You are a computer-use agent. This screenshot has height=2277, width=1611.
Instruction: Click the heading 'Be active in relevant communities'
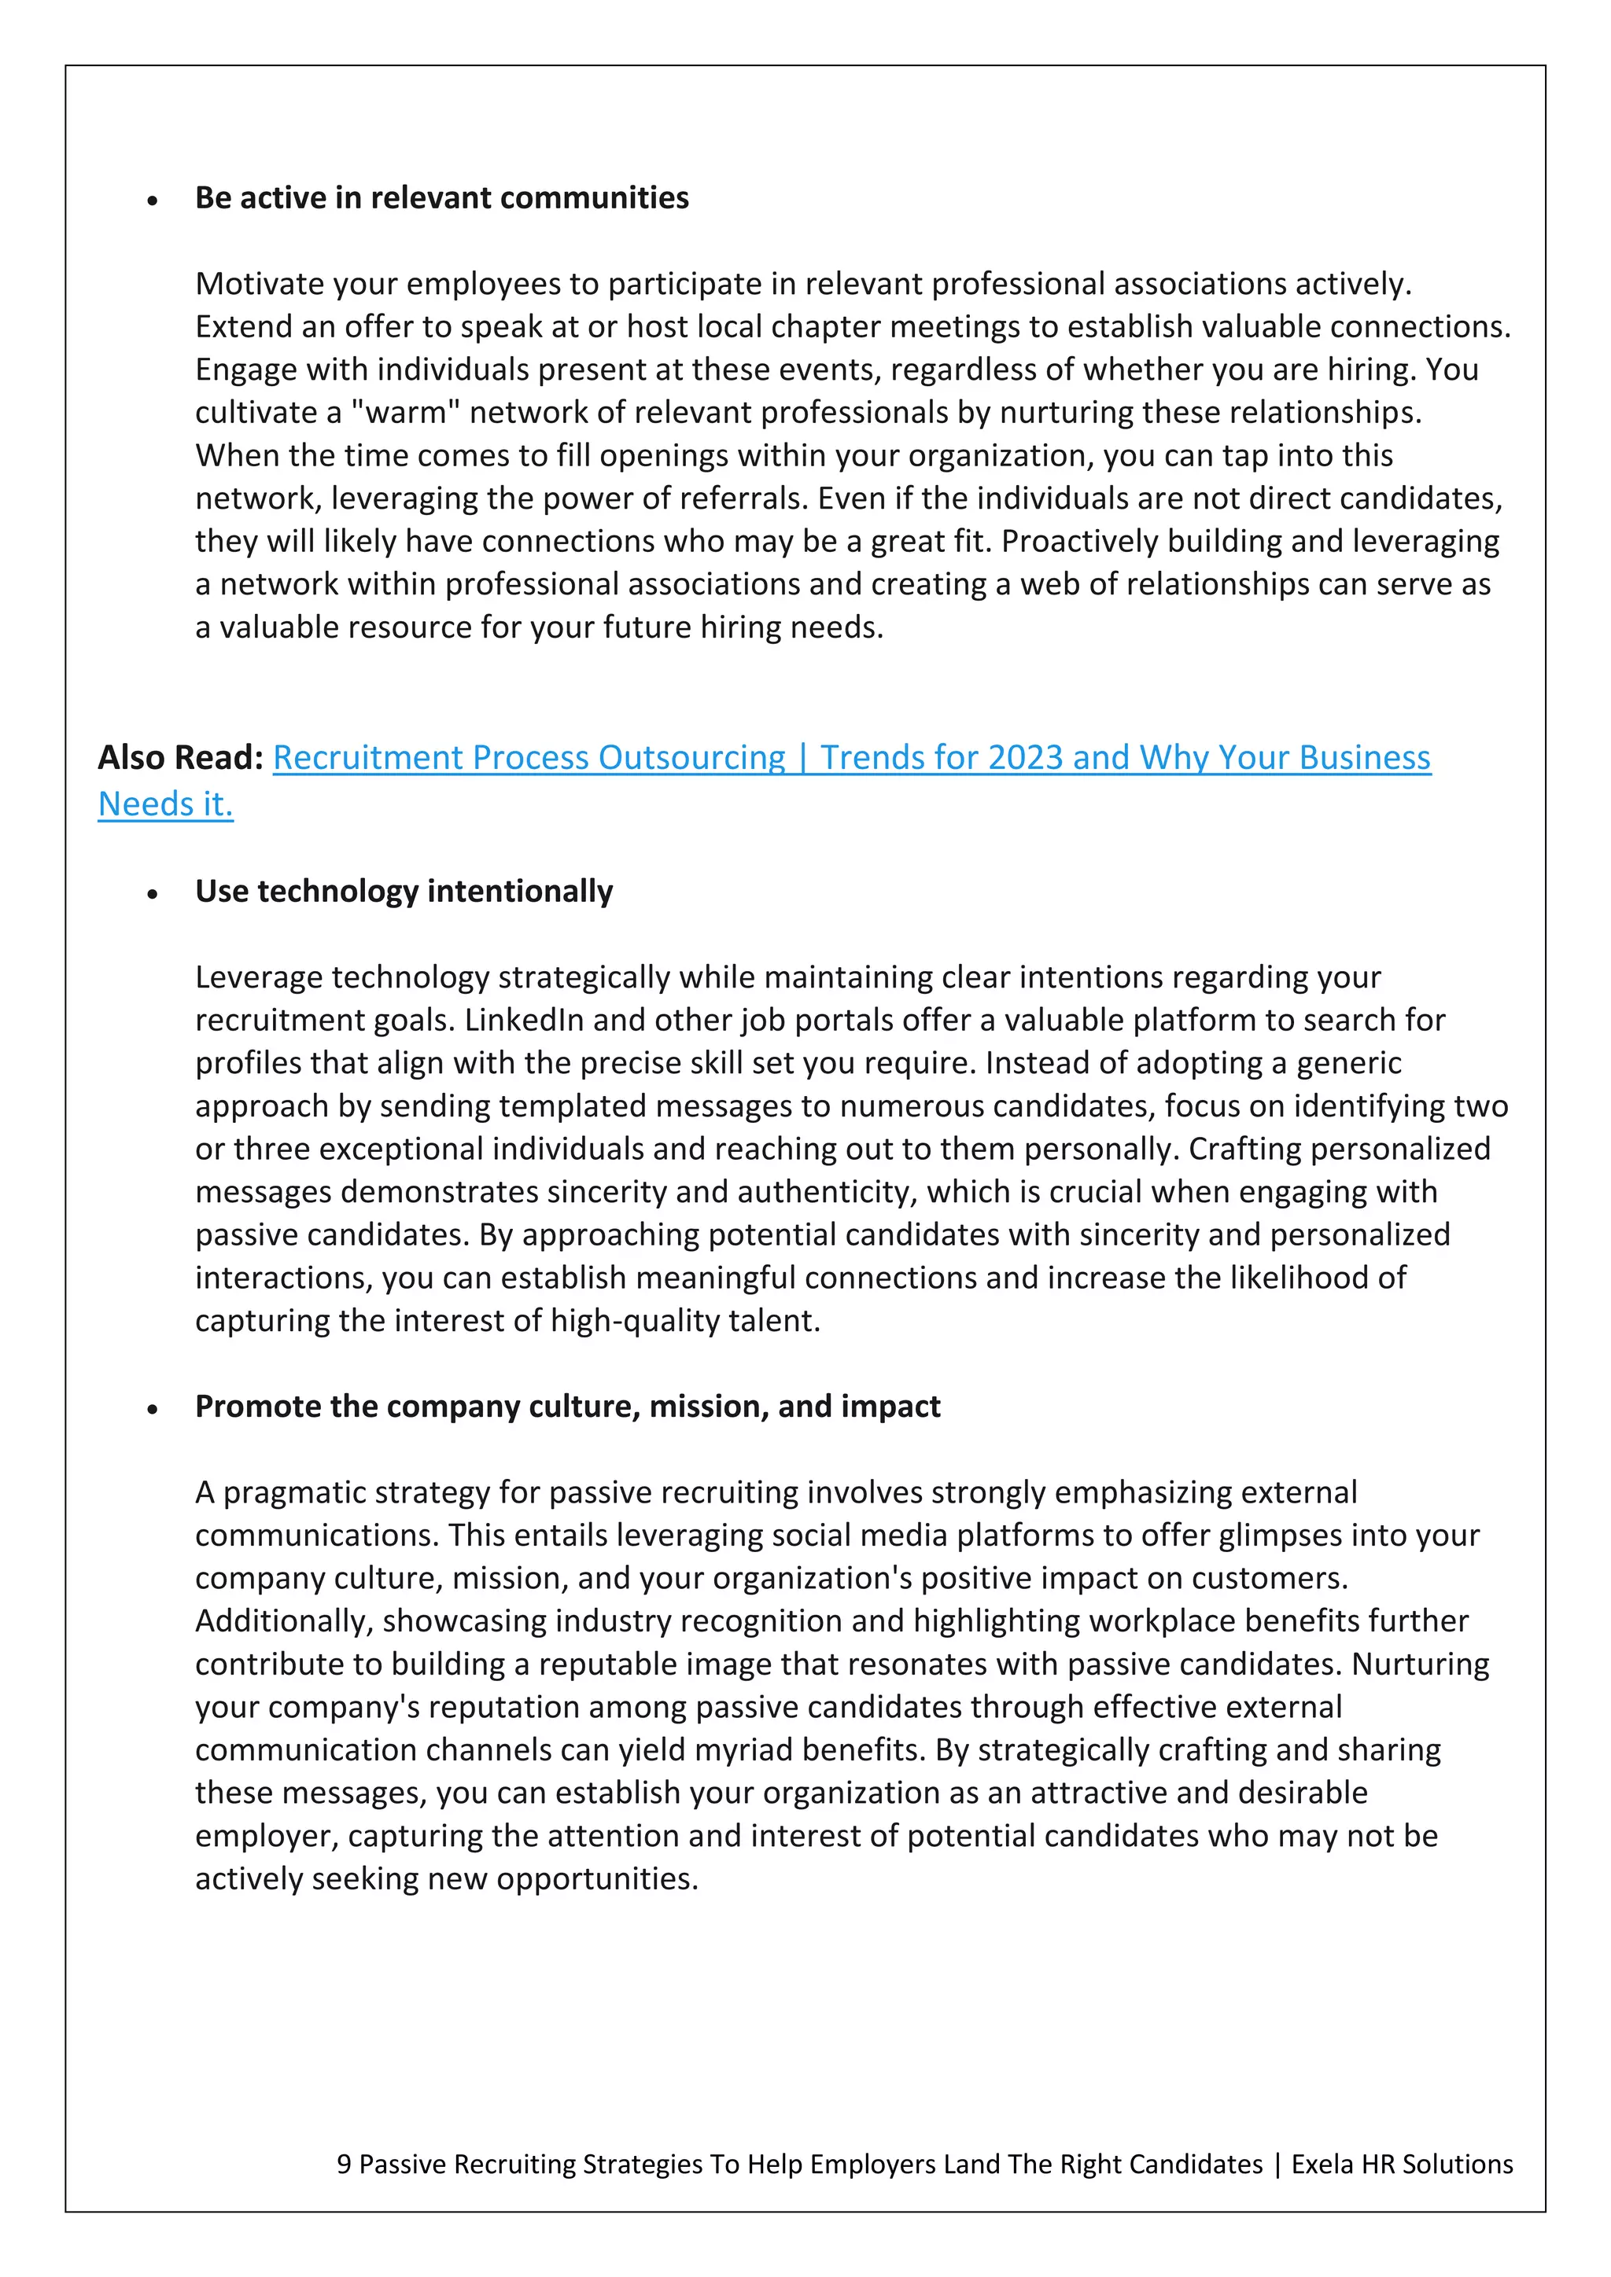pos(441,198)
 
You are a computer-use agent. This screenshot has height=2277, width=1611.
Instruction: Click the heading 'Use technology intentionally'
pos(404,892)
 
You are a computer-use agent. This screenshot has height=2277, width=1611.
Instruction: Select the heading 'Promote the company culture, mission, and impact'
pos(567,1407)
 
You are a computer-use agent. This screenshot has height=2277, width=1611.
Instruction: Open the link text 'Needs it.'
pos(166,804)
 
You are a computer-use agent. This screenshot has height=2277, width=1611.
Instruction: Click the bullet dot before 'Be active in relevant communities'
pos(152,201)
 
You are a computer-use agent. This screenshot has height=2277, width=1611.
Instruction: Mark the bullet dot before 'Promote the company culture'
pos(152,1409)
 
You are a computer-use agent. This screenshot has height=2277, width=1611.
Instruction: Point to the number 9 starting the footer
pos(343,2164)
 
